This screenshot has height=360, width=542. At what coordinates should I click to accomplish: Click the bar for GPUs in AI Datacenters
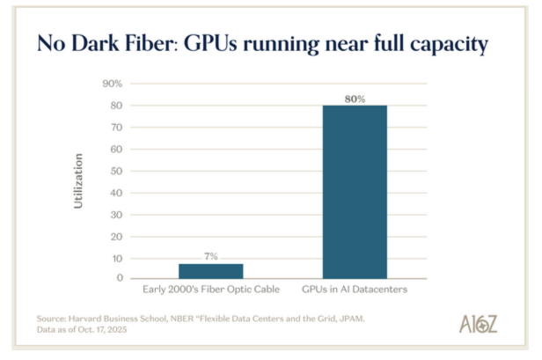[354, 192]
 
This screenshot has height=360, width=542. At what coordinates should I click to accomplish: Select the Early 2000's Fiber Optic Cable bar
[210, 270]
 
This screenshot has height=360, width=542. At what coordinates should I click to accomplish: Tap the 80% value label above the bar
[354, 99]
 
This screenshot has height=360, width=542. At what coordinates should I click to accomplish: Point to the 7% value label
[210, 256]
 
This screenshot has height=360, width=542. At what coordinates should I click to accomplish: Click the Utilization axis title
[78, 180]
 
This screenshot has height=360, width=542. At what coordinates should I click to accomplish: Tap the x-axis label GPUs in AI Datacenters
[354, 289]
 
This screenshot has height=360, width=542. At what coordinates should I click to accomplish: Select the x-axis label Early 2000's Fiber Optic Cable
[210, 289]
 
